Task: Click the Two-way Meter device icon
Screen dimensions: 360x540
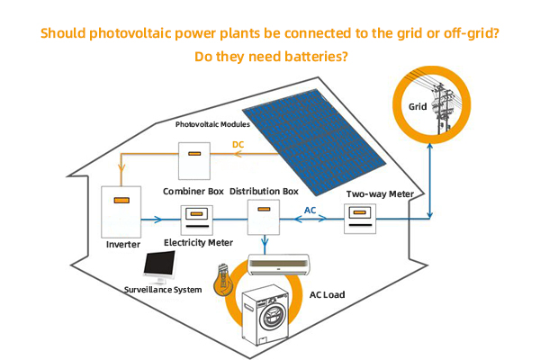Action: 359,219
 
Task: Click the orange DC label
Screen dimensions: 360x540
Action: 238,144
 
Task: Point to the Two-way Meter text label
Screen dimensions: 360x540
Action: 379,193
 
